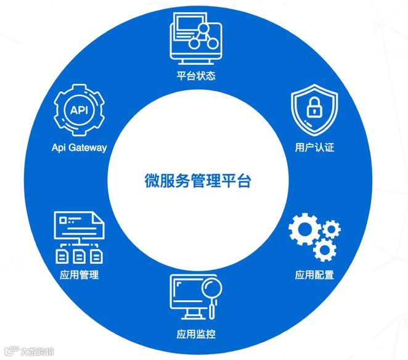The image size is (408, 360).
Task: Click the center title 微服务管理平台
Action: click(198, 181)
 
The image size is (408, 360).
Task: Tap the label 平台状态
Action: click(195, 76)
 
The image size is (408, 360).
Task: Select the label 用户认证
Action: click(314, 148)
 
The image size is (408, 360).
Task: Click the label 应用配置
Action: click(314, 274)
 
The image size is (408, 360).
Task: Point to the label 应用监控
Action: click(195, 335)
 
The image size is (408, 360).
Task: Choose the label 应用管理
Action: click(80, 274)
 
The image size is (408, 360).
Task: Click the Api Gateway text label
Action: click(80, 147)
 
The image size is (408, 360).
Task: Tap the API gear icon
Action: click(80, 111)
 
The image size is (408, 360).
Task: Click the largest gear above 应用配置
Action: click(306, 229)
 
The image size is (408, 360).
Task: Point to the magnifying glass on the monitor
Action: click(211, 290)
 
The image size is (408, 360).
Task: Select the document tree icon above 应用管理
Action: click(79, 237)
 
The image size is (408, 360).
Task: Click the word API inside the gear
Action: click(80, 111)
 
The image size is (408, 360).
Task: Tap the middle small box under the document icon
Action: click(79, 255)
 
